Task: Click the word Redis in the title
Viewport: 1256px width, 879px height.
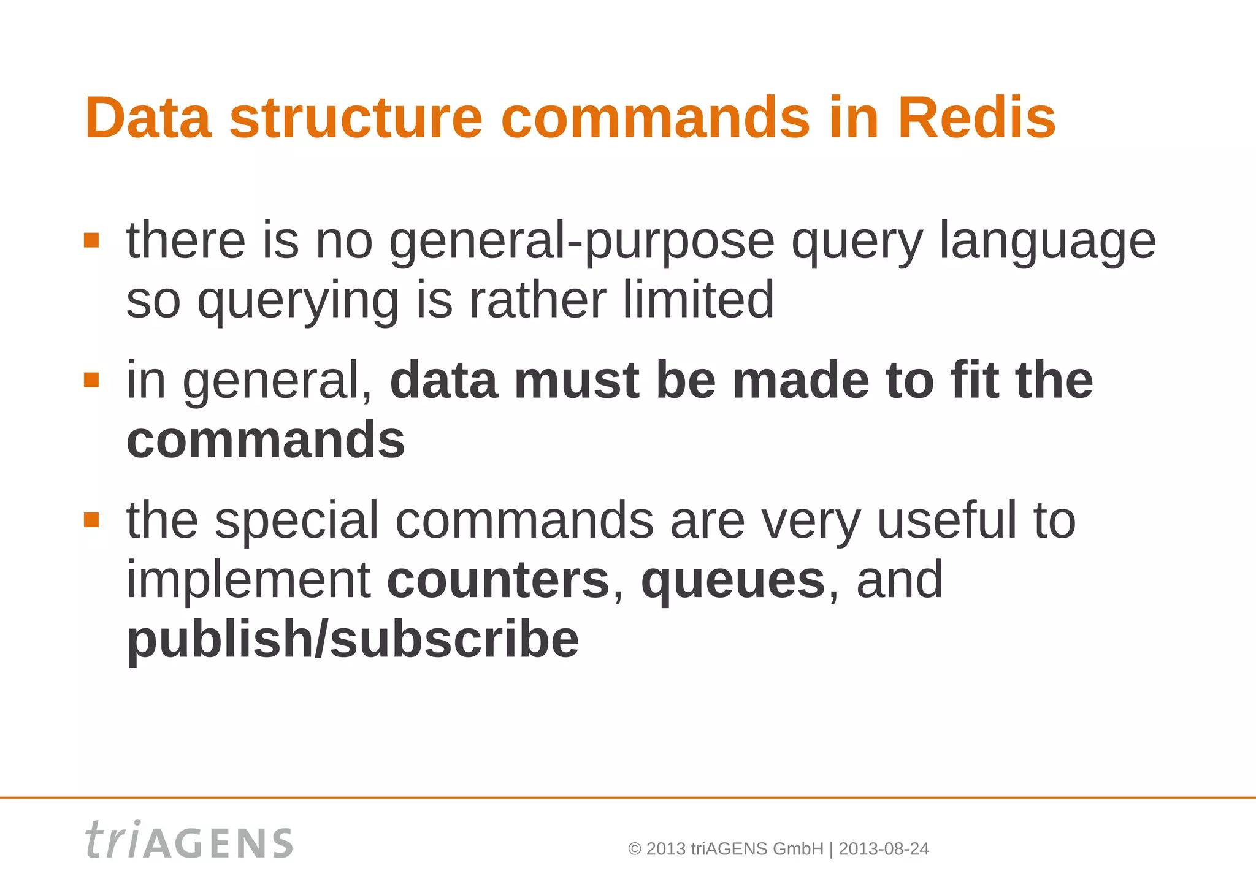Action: click(976, 118)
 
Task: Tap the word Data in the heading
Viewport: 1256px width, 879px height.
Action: click(148, 118)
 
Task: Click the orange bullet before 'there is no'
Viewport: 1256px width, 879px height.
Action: click(91, 240)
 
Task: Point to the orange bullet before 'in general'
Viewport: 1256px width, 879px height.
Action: click(91, 380)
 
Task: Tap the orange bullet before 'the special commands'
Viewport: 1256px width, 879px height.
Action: click(91, 520)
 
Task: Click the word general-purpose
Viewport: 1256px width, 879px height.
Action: click(582, 241)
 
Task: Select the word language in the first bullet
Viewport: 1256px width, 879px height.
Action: click(1047, 241)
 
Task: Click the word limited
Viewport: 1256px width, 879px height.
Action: click(699, 300)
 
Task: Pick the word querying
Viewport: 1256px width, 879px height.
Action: click(298, 301)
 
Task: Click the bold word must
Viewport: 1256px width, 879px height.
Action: click(576, 380)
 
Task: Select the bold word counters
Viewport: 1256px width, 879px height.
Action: click(498, 580)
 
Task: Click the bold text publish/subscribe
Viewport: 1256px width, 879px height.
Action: click(353, 639)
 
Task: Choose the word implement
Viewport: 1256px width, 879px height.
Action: click(248, 580)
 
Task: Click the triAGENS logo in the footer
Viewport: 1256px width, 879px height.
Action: click(189, 840)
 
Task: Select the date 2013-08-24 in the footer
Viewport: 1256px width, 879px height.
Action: click(884, 849)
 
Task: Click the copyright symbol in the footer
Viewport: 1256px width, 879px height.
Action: click(635, 849)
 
